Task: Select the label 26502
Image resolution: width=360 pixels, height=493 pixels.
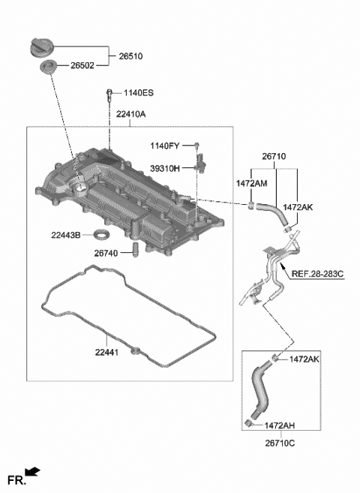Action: pos(82,67)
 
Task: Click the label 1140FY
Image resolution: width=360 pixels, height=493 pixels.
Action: pos(166,146)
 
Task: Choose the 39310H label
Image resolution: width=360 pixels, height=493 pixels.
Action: pos(166,169)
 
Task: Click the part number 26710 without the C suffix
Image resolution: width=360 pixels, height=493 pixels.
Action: pos(275,158)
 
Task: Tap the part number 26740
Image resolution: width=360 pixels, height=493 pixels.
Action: pos(108,254)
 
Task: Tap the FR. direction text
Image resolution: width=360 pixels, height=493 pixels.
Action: pos(15,478)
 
